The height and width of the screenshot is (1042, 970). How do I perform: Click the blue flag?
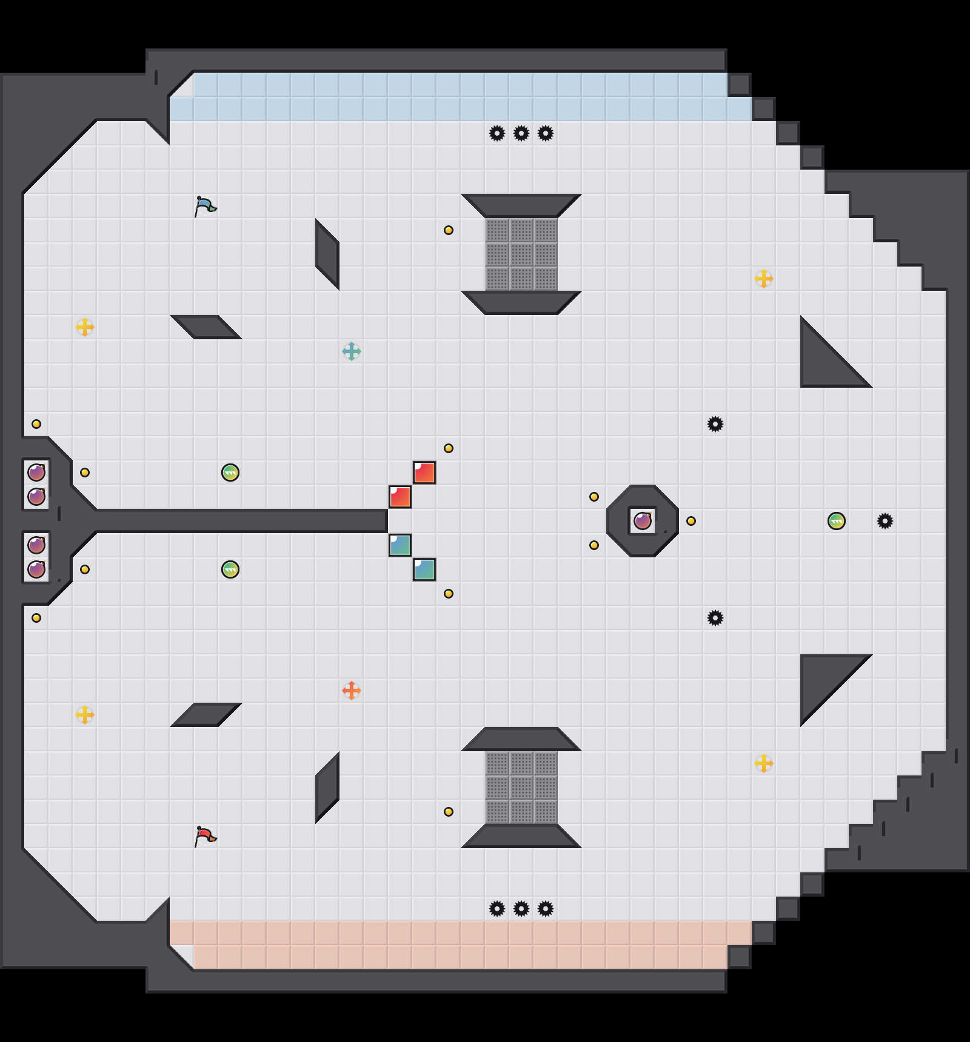[205, 206]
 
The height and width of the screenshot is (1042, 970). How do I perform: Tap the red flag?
[205, 836]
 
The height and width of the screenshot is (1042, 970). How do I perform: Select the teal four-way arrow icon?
[352, 351]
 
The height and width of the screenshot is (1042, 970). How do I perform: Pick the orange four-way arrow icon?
[352, 691]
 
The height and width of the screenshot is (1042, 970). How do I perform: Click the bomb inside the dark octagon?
[643, 521]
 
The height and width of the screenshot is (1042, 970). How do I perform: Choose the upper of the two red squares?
[424, 473]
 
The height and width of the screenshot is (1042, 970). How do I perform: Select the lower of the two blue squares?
[424, 569]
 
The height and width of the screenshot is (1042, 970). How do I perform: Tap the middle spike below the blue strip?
[521, 133]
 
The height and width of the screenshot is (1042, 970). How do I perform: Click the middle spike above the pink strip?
[521, 909]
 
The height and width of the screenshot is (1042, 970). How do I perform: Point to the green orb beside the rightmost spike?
[837, 521]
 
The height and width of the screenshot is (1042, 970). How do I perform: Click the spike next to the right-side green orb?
[885, 521]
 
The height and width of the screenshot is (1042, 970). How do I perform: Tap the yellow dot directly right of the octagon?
[691, 521]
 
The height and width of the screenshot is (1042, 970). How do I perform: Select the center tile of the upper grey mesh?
[521, 254]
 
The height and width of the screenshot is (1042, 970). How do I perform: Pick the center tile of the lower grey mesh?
[521, 788]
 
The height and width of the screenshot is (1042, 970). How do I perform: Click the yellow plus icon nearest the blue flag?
[85, 327]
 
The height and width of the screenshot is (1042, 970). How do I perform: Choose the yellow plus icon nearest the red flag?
[85, 715]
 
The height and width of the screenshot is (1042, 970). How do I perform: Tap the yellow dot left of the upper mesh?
[449, 230]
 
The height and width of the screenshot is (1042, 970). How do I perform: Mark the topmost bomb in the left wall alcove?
[36, 472]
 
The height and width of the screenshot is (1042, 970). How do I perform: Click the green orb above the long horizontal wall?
[230, 473]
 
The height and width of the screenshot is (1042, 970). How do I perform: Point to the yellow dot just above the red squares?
[449, 448]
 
